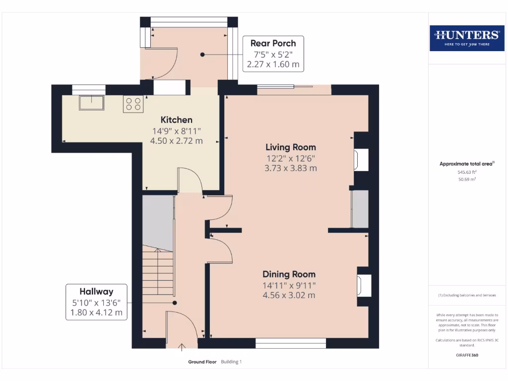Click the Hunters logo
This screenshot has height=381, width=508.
pos(467,38)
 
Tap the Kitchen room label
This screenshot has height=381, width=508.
pos(177,120)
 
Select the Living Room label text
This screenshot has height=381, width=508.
pos(291,147)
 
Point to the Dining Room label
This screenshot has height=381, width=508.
pos(289,274)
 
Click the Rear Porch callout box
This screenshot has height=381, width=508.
pos(273,54)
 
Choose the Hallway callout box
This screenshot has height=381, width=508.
pos(97,302)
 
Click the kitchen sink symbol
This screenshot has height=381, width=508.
pos(92,103)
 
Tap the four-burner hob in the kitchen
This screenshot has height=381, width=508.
pos(133,104)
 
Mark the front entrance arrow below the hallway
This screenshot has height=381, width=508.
pos(182,347)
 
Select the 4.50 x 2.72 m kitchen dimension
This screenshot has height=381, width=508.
pos(177,141)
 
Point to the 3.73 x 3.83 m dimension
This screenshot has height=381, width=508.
pos(291,168)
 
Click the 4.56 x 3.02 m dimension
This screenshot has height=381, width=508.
pos(289,295)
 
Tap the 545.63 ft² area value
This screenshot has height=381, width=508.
pos(467,172)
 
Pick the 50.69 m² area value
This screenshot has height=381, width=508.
pos(467,179)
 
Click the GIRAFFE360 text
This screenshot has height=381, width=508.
pos(467,355)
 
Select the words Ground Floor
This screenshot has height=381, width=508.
pos(202,362)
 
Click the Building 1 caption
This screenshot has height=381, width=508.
pos(231,362)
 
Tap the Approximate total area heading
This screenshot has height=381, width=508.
pos(467,164)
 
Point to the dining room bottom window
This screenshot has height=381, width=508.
pos(291,343)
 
